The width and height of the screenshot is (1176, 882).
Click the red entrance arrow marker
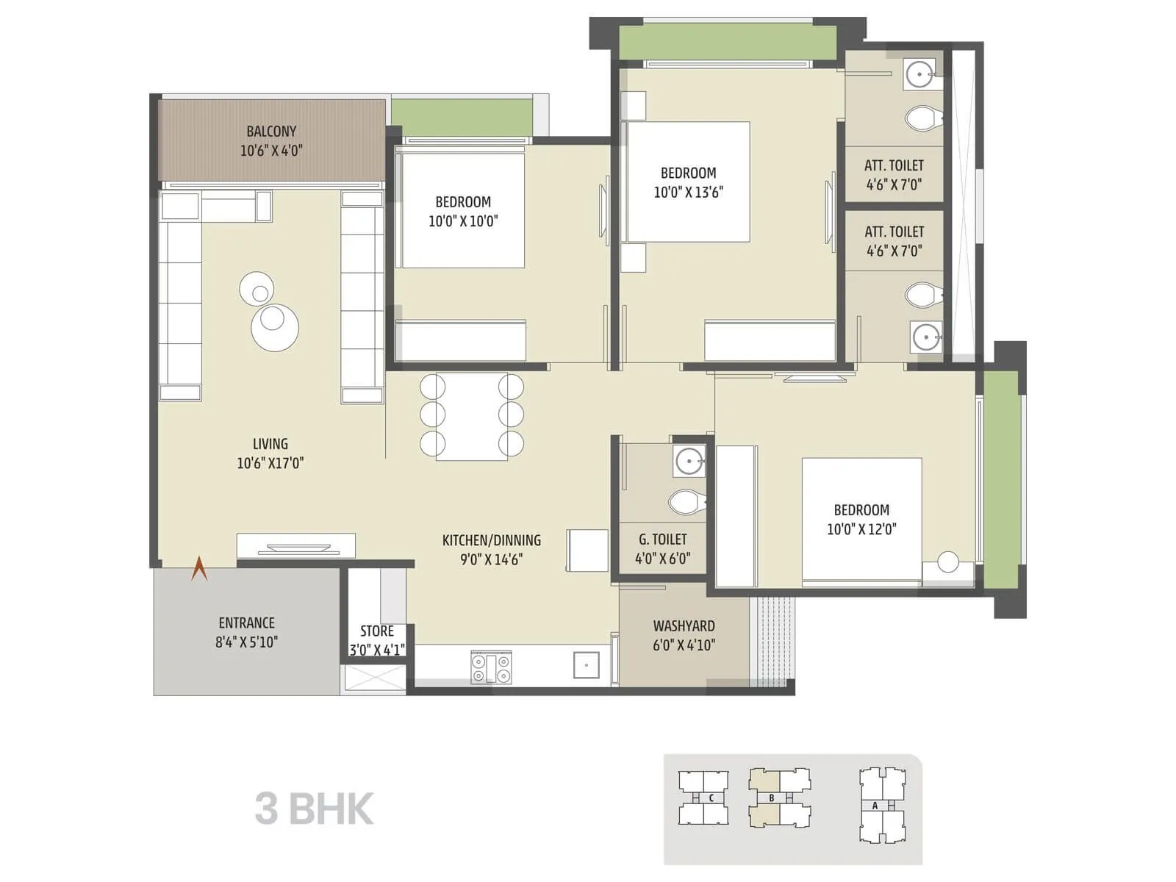199,569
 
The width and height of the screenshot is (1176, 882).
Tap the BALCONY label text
271,132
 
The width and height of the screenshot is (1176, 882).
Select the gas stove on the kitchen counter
491,668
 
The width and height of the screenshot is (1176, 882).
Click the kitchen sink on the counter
587,665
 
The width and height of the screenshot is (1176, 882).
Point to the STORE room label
376,631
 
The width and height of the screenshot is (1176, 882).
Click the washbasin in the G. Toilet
689,462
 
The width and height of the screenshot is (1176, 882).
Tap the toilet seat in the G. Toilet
686,503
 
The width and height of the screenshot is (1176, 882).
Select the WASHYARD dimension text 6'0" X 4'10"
684,645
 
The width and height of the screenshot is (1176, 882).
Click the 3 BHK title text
315,808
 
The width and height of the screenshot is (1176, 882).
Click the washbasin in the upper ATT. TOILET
919,74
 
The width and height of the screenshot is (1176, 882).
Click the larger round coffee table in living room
275,328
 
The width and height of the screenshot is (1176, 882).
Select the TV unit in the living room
295,545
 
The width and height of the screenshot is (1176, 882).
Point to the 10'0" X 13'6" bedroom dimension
688,193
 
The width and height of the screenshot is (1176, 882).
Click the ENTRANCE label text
246,623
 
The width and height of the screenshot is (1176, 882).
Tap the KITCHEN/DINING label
491,540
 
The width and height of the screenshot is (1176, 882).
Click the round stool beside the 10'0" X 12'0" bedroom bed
948,562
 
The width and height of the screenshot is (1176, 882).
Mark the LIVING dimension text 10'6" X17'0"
270,463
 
